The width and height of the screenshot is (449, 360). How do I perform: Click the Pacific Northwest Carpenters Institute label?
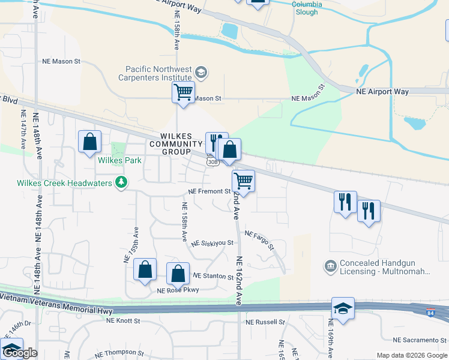158,74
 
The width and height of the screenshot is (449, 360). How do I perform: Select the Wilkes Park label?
121,160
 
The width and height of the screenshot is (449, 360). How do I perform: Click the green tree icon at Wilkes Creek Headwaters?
121,181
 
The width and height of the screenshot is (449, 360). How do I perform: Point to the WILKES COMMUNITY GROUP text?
176,144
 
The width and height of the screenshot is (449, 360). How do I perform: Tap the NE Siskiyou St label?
212,243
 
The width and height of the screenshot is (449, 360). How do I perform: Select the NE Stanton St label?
213,277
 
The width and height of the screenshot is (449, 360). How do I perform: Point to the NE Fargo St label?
259,241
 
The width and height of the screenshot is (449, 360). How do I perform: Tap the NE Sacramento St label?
417,340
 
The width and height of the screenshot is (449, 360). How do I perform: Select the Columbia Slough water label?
307,4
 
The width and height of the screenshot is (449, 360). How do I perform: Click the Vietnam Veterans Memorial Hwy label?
56,303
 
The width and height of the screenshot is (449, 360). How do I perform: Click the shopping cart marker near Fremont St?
243,179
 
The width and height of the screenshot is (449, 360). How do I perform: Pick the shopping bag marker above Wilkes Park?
89,142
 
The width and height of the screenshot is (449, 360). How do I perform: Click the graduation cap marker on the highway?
343,308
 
